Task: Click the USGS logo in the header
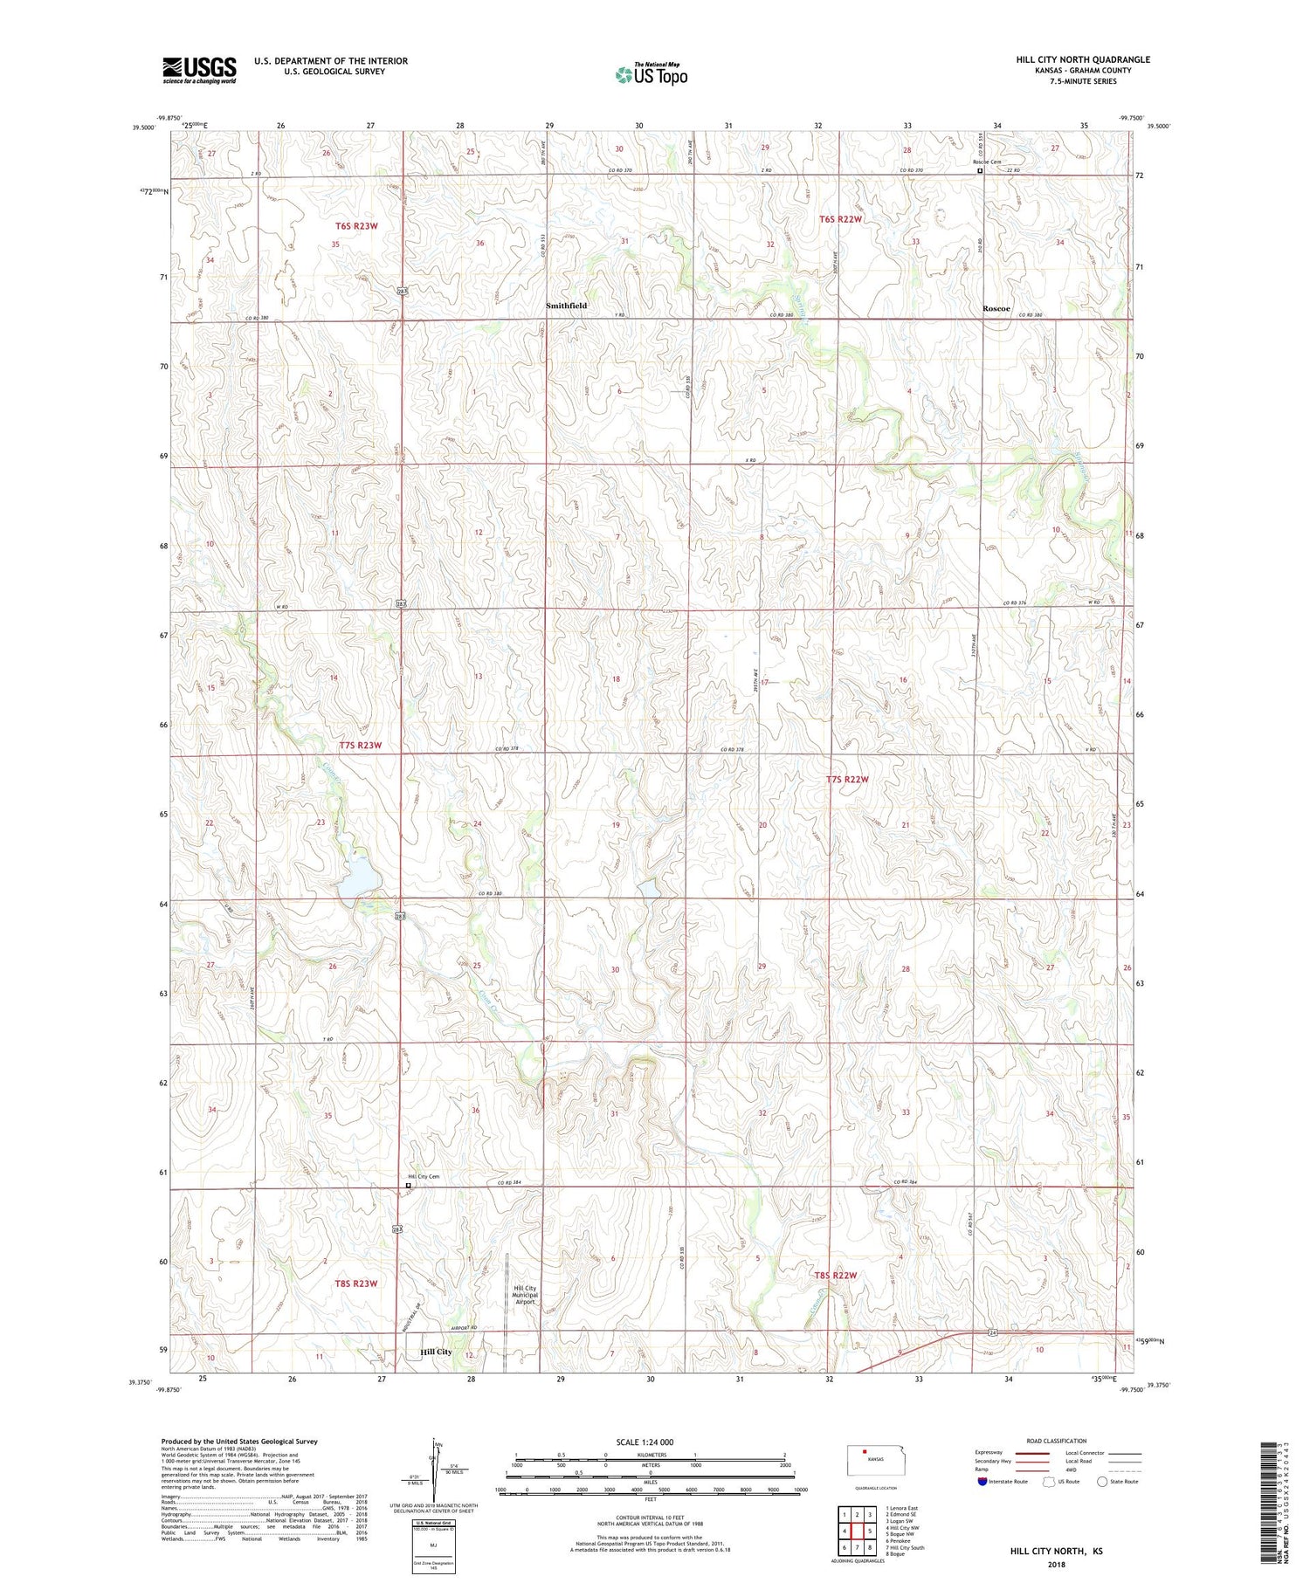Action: click(x=199, y=70)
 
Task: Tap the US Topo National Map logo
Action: click(x=652, y=74)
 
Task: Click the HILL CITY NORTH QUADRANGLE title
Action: click(x=1083, y=59)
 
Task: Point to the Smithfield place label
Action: click(x=566, y=306)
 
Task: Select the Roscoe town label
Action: click(x=996, y=308)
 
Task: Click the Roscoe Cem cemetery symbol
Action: click(x=980, y=171)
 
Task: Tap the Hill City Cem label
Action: click(x=424, y=1176)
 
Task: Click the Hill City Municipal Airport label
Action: click(x=525, y=1295)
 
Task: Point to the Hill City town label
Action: click(x=436, y=1352)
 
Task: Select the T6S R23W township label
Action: click(x=357, y=226)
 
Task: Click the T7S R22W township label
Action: click(x=847, y=779)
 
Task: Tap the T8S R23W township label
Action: click(x=355, y=1284)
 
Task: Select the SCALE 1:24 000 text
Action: click(x=645, y=1442)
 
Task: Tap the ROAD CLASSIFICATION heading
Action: click(x=1057, y=1441)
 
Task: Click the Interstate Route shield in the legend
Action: click(x=982, y=1482)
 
